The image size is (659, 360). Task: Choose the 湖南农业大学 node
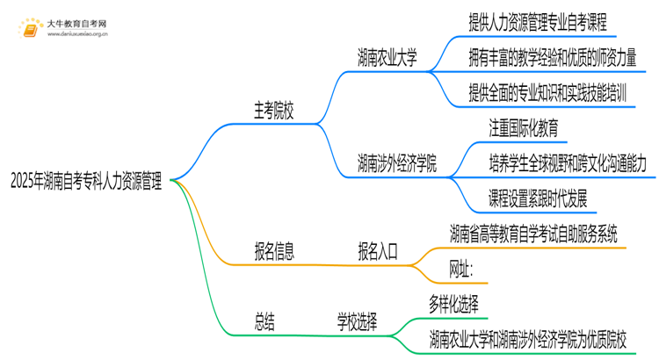tap(387, 59)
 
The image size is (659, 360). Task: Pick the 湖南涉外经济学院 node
tap(397, 163)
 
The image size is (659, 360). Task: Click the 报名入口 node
tap(378, 252)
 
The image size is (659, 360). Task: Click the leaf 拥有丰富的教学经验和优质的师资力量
tap(551, 57)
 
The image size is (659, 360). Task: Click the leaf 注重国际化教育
tap(524, 127)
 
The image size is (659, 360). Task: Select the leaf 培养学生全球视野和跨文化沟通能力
tap(568, 162)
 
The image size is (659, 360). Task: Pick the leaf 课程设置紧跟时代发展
tap(538, 198)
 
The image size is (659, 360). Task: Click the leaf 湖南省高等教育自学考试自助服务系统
tap(533, 234)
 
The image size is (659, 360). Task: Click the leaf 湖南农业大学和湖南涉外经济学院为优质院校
tap(540, 339)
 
